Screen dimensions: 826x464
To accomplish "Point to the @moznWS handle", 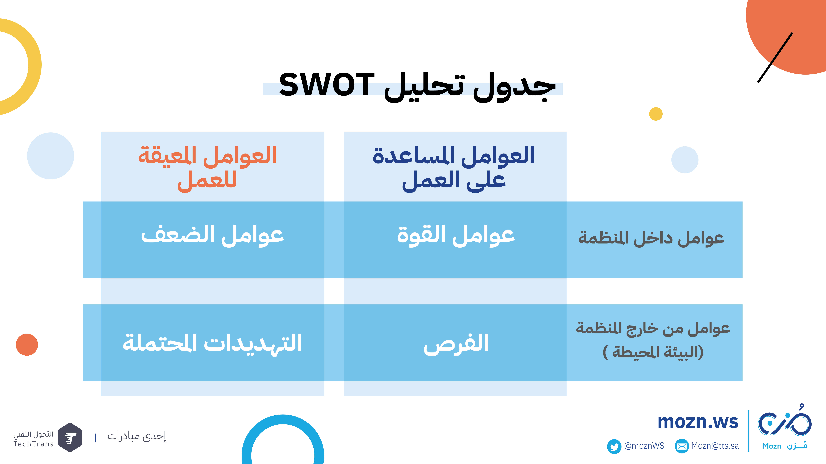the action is point(644,446).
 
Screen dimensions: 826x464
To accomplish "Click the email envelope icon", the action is point(682,446).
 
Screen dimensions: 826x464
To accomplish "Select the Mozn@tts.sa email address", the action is point(715,446).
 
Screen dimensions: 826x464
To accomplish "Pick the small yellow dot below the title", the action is point(656,114).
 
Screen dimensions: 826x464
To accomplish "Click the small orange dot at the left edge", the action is point(27,345).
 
